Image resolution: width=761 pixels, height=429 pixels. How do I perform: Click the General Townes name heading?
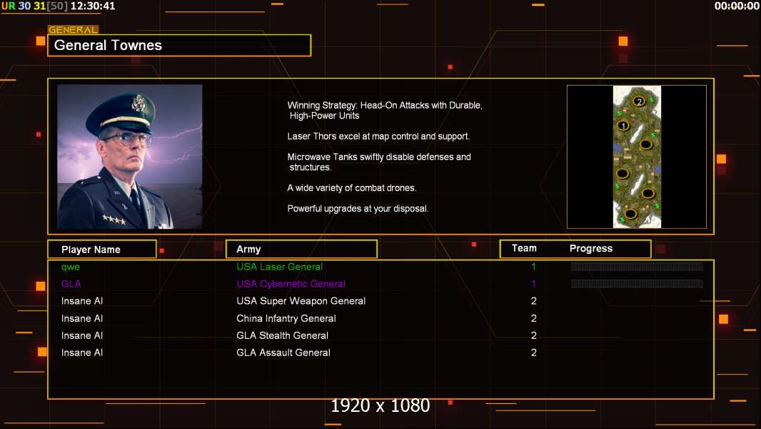109,45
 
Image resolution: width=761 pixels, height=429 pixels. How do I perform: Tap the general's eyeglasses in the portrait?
126,137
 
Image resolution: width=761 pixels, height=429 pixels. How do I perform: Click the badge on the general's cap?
138,104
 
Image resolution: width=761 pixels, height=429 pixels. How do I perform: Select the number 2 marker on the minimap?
639,101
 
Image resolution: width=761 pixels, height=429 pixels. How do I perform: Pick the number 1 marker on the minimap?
623,127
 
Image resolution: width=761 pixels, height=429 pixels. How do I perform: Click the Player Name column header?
91,250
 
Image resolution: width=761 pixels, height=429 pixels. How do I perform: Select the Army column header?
248,250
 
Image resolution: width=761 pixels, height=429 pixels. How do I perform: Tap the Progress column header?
591,249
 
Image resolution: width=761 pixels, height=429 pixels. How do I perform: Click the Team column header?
524,248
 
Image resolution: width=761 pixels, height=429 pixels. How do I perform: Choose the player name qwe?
71,267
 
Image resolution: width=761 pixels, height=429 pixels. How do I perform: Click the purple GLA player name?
71,284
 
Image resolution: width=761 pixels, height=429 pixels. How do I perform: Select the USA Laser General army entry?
280,267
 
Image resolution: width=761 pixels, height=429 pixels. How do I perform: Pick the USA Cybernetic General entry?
291,284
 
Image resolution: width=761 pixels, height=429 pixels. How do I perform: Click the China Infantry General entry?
286,318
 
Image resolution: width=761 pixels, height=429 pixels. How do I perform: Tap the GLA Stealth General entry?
283,335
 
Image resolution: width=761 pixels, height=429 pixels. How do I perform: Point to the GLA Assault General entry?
283,352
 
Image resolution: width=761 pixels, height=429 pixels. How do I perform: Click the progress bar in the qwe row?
637,267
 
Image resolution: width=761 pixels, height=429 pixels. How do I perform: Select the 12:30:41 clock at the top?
93,6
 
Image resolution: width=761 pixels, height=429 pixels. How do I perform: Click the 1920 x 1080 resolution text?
380,405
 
